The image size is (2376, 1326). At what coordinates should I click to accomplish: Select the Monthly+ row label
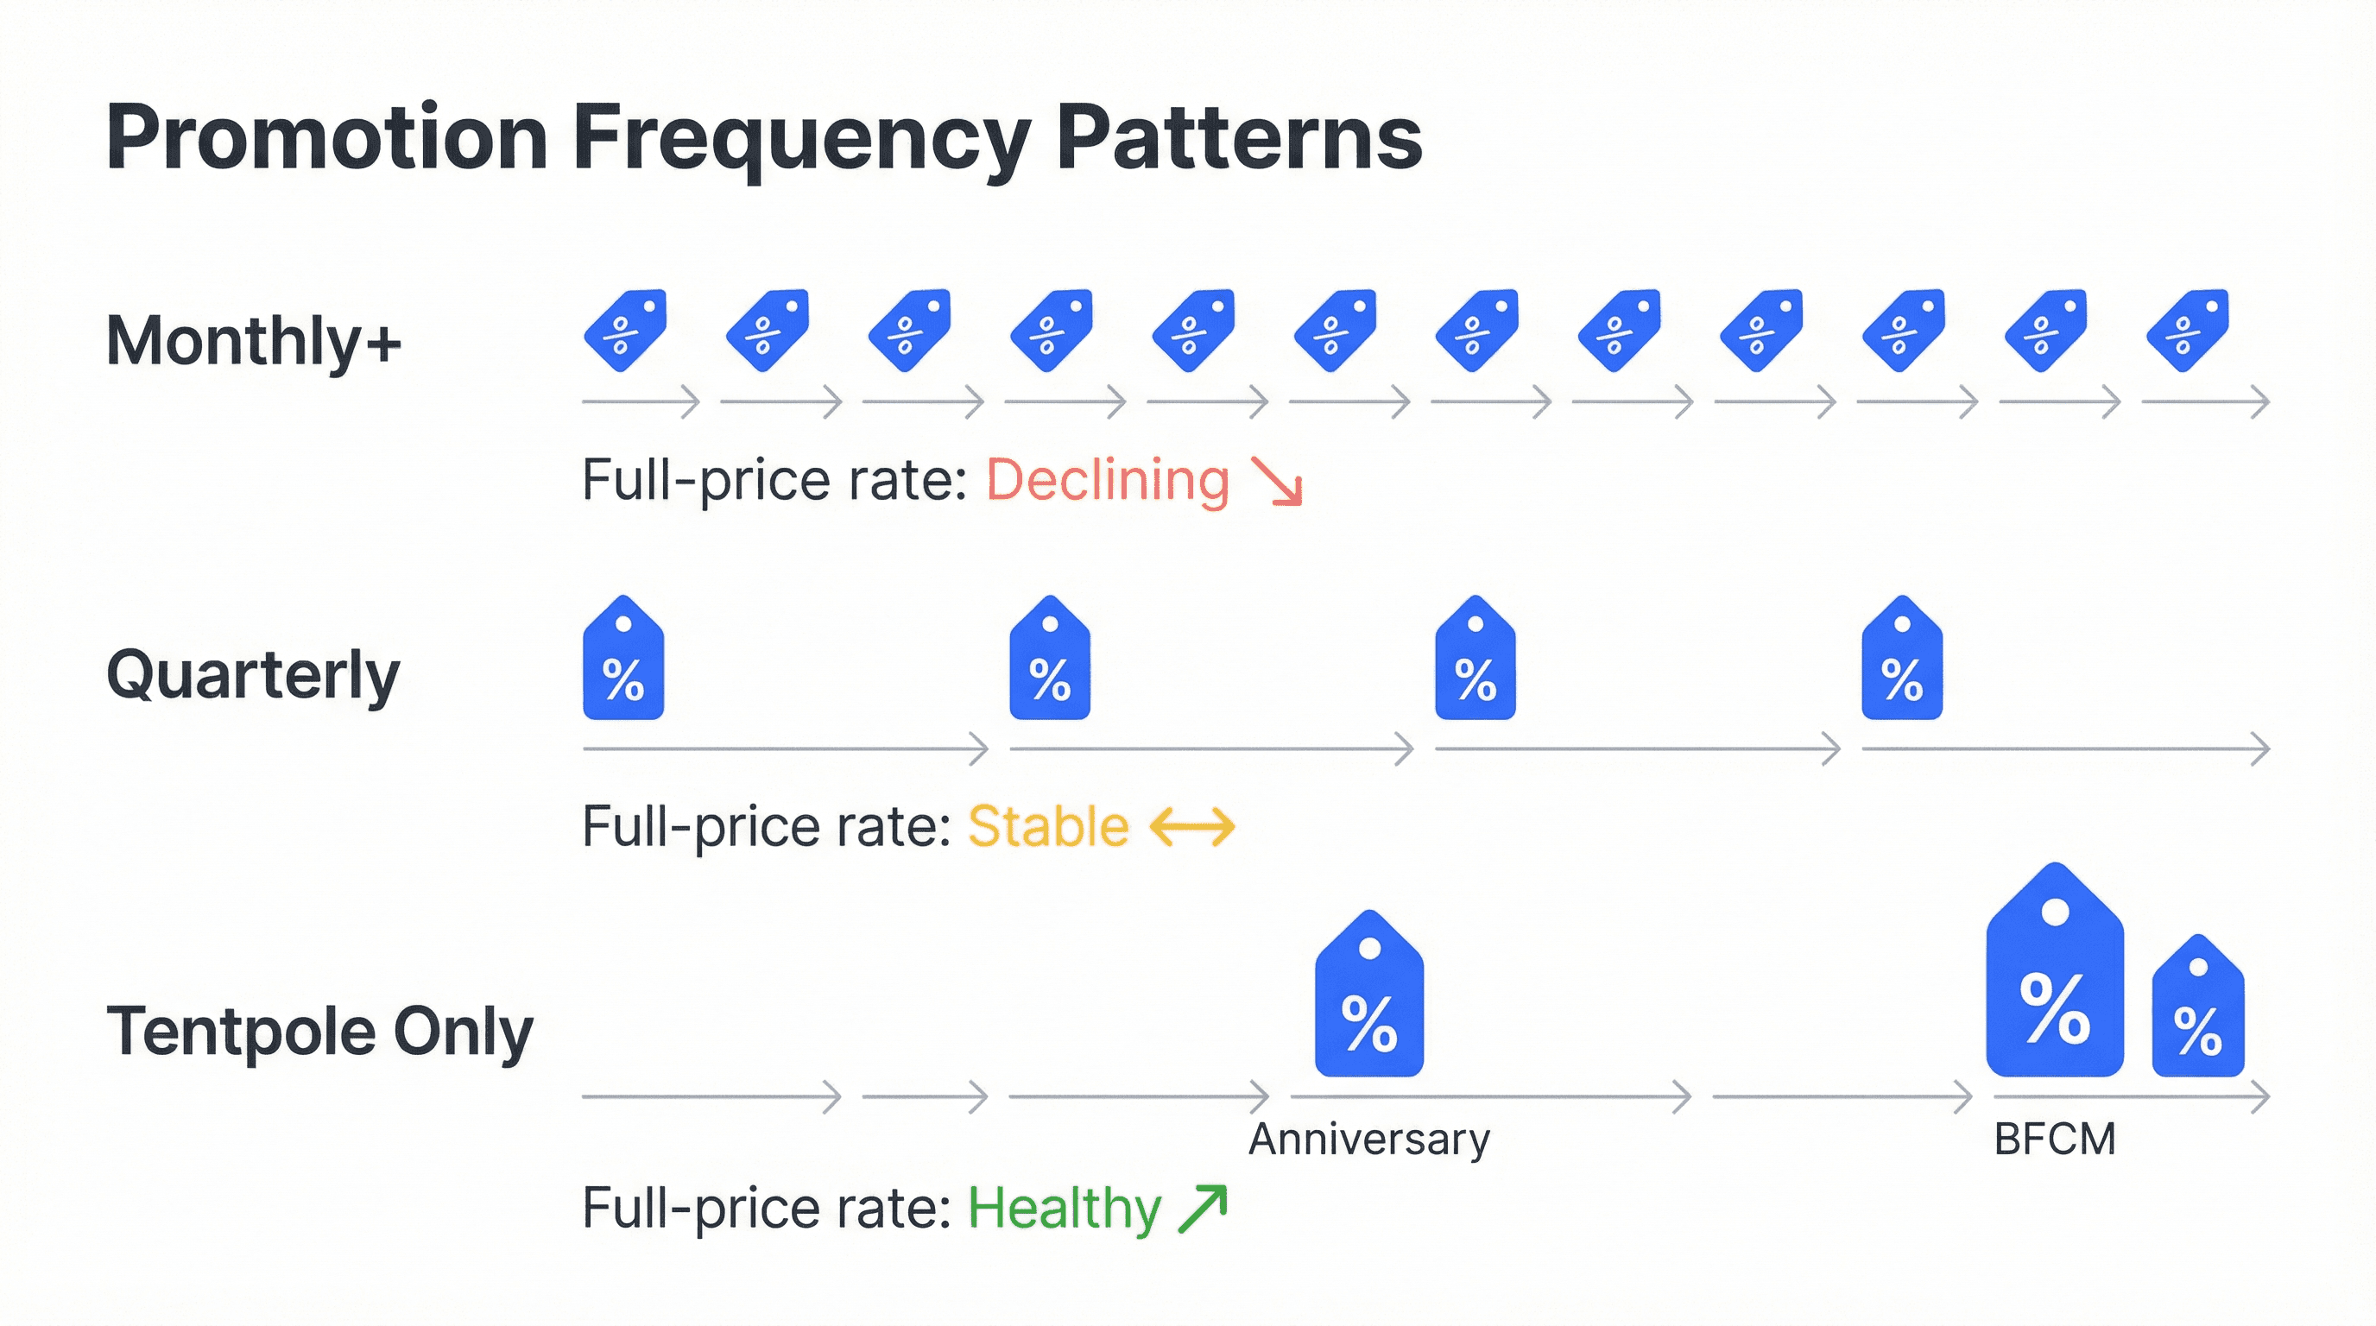(x=254, y=341)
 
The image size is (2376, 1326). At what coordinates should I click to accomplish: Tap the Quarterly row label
(x=253, y=675)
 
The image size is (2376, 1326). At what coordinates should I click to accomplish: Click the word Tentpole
(x=241, y=1031)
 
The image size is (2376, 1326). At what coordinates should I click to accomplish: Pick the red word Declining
(x=1108, y=481)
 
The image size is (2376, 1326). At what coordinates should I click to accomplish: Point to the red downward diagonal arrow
(x=1278, y=483)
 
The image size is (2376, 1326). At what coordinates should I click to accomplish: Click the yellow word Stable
(x=1048, y=826)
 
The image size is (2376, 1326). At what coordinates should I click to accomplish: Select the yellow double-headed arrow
(x=1191, y=826)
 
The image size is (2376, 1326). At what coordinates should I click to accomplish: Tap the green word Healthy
(x=1064, y=1208)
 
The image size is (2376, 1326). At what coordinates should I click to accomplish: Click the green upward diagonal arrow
(x=1204, y=1208)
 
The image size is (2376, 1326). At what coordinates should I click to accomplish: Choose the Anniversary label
(x=1368, y=1140)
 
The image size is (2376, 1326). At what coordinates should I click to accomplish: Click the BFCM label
(x=2054, y=1140)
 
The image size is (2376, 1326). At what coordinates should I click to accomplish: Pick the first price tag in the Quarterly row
(x=623, y=660)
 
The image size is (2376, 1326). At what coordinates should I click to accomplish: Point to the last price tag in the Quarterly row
(x=1902, y=660)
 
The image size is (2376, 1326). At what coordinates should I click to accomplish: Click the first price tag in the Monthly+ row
(x=625, y=330)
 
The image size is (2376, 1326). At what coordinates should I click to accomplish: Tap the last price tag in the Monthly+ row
(x=2188, y=330)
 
